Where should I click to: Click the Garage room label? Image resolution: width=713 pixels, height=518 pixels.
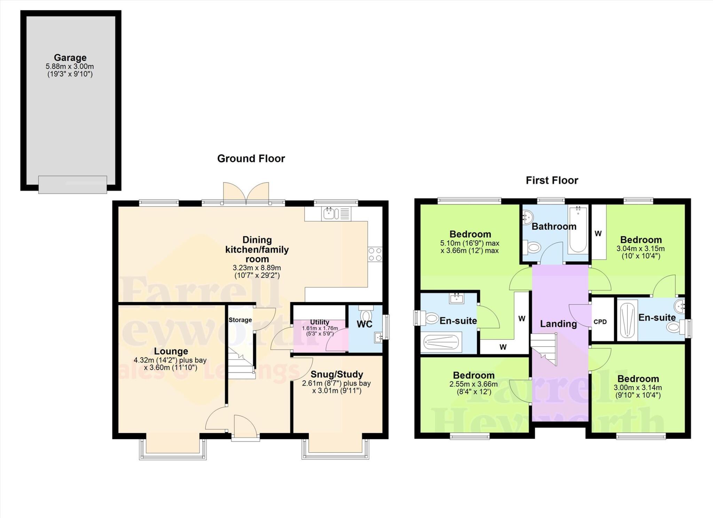(70, 58)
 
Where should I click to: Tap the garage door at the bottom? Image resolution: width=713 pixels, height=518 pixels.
(72, 184)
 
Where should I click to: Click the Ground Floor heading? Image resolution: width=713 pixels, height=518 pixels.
(251, 159)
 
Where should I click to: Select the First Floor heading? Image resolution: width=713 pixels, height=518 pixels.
(552, 180)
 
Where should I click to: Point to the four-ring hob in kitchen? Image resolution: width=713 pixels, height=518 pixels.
(375, 254)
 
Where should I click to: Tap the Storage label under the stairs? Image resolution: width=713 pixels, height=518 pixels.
(240, 320)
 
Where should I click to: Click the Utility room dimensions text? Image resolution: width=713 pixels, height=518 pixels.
(320, 330)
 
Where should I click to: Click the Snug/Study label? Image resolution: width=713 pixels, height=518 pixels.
(337, 374)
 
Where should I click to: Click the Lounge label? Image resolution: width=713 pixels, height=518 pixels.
(171, 351)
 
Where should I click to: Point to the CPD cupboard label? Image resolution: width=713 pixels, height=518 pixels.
(600, 322)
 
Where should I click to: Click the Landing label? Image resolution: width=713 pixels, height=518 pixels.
(558, 324)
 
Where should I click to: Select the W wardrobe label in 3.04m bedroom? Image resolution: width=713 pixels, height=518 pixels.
(598, 233)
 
